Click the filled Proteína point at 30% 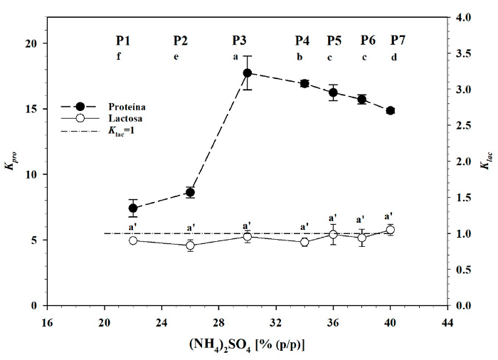click(x=248, y=73)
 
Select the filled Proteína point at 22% click(x=133, y=208)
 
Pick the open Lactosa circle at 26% click(x=190, y=245)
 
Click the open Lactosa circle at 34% click(x=304, y=242)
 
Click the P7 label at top click(x=398, y=40)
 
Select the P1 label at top click(x=124, y=40)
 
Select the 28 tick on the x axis click(x=218, y=321)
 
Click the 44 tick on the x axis click(x=447, y=321)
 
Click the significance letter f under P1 click(x=120, y=57)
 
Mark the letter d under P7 click(x=394, y=57)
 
